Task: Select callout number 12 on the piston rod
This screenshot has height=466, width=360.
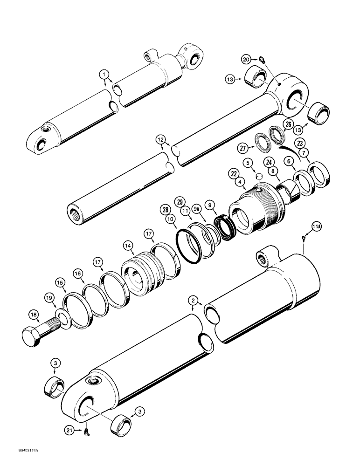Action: coord(160,140)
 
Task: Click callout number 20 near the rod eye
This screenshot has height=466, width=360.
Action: coord(246,59)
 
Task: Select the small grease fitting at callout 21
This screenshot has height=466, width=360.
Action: coord(86,432)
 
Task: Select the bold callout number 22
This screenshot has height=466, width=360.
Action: coord(233,173)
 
